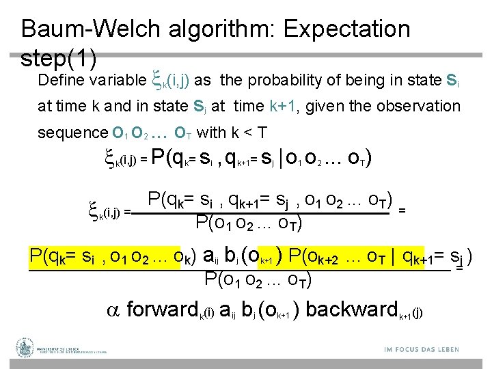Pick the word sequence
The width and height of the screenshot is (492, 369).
pyautogui.click(x=72, y=132)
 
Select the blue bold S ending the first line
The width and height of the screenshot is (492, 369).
pyautogui.click(x=450, y=81)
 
